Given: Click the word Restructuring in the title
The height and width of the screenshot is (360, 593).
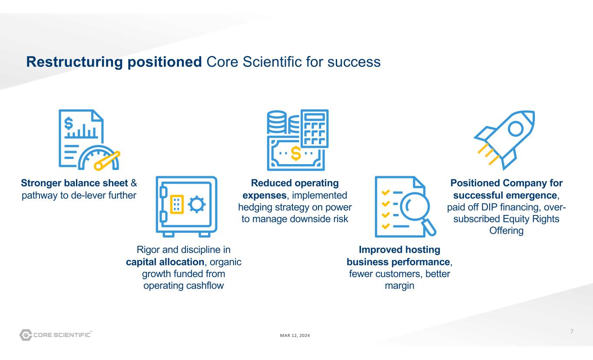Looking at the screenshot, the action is pos(74,62).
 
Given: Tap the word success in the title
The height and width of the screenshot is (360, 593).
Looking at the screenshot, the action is pos(354,62).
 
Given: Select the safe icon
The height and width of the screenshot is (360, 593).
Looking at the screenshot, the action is pos(187,206).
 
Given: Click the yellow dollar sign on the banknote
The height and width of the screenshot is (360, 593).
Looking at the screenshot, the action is pos(296,153).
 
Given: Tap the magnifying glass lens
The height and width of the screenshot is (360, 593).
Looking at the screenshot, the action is pos(414,206).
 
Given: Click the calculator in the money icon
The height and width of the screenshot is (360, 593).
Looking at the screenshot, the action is pos(315,129).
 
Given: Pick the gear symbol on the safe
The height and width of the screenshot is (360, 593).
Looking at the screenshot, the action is pos(196,204).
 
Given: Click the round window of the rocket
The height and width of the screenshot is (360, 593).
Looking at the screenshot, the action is pos(515,129).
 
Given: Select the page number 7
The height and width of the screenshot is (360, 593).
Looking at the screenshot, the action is pos(572,331).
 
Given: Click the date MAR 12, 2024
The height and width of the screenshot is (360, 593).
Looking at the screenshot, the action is pos(295,336).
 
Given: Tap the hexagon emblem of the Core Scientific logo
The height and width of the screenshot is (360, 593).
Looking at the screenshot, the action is pos(26,335).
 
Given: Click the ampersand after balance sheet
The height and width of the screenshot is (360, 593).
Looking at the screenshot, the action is pos(134,183).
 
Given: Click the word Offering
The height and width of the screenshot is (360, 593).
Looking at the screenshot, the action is pos(507,231).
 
